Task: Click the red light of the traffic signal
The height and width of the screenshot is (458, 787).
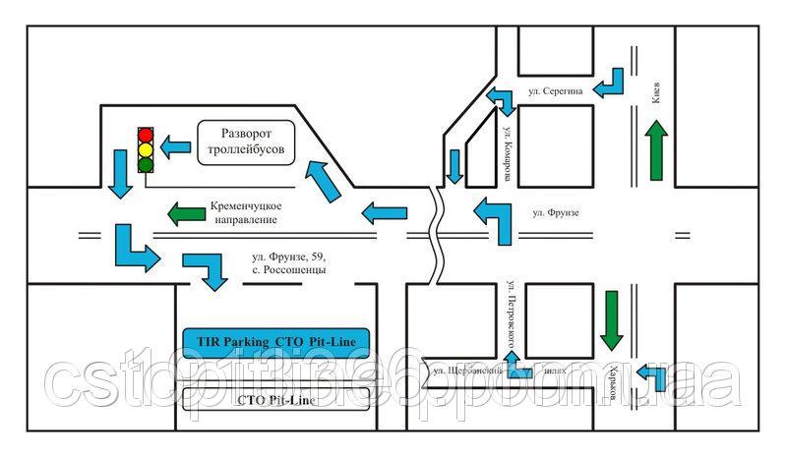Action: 147,133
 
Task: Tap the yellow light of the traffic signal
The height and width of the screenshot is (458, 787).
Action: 147,148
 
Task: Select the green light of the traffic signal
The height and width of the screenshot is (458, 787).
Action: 147,164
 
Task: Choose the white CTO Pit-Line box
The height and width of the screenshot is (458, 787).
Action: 276,399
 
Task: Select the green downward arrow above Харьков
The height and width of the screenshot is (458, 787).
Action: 613,319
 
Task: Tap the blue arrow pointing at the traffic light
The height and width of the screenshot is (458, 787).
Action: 175,147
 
